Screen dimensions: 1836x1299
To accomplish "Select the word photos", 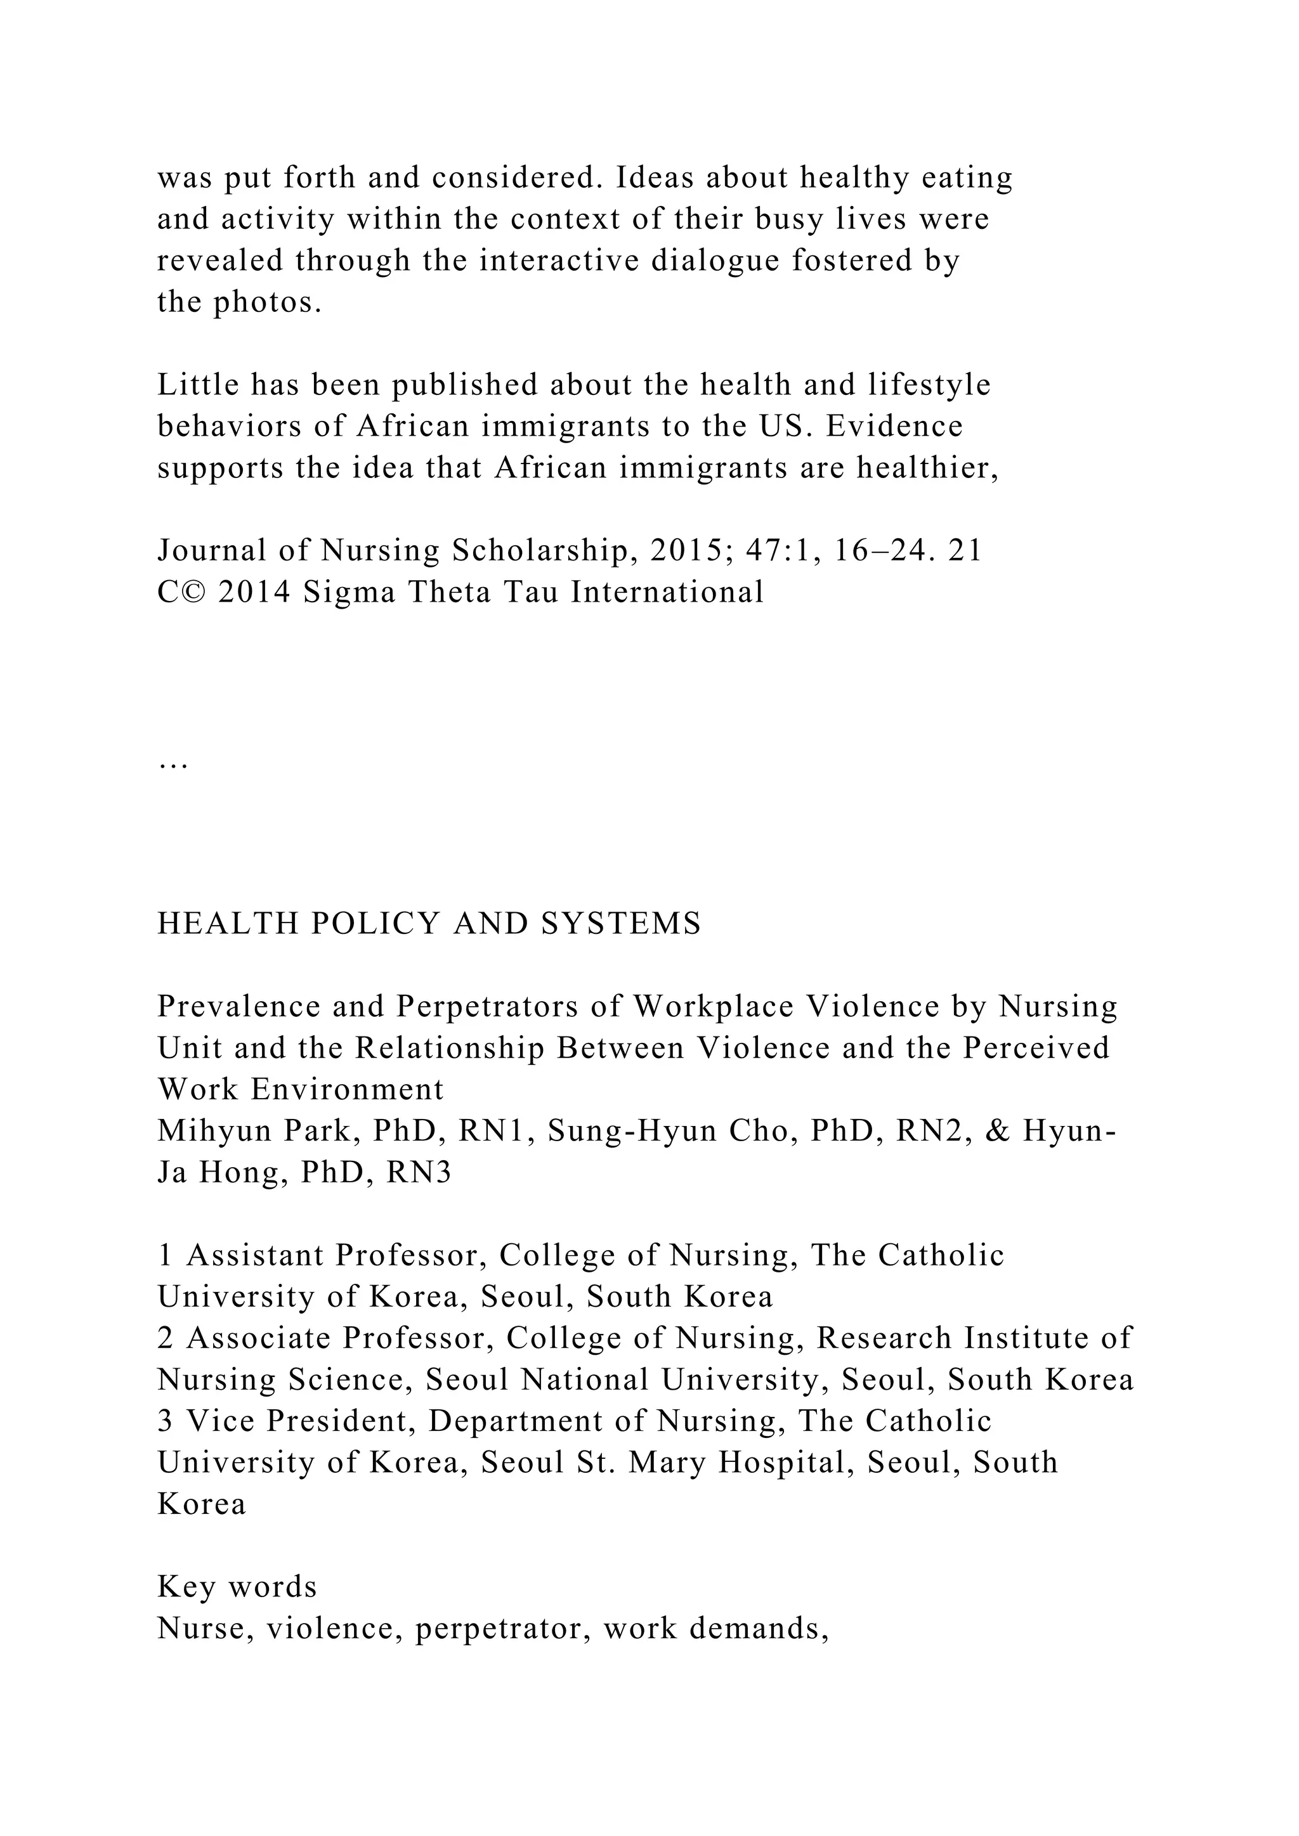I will point(266,302).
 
